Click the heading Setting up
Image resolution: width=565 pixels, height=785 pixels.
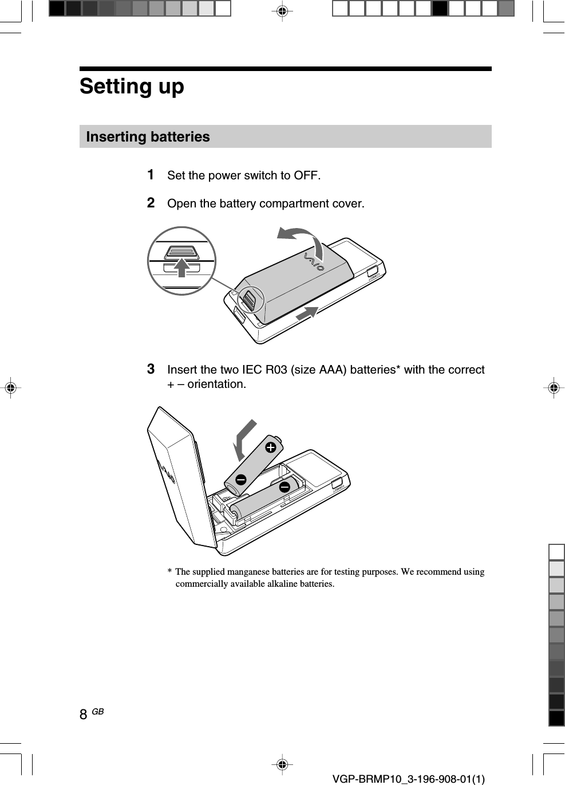(x=132, y=87)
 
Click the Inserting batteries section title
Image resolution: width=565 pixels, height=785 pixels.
(x=148, y=137)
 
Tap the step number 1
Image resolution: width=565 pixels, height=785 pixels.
(x=151, y=174)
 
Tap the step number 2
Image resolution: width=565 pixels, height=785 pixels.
(x=151, y=203)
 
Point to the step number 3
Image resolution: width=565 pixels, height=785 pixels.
(x=151, y=368)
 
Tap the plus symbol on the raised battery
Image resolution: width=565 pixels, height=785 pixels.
(x=270, y=446)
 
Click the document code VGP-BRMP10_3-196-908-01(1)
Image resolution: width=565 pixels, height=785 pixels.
(x=408, y=778)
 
